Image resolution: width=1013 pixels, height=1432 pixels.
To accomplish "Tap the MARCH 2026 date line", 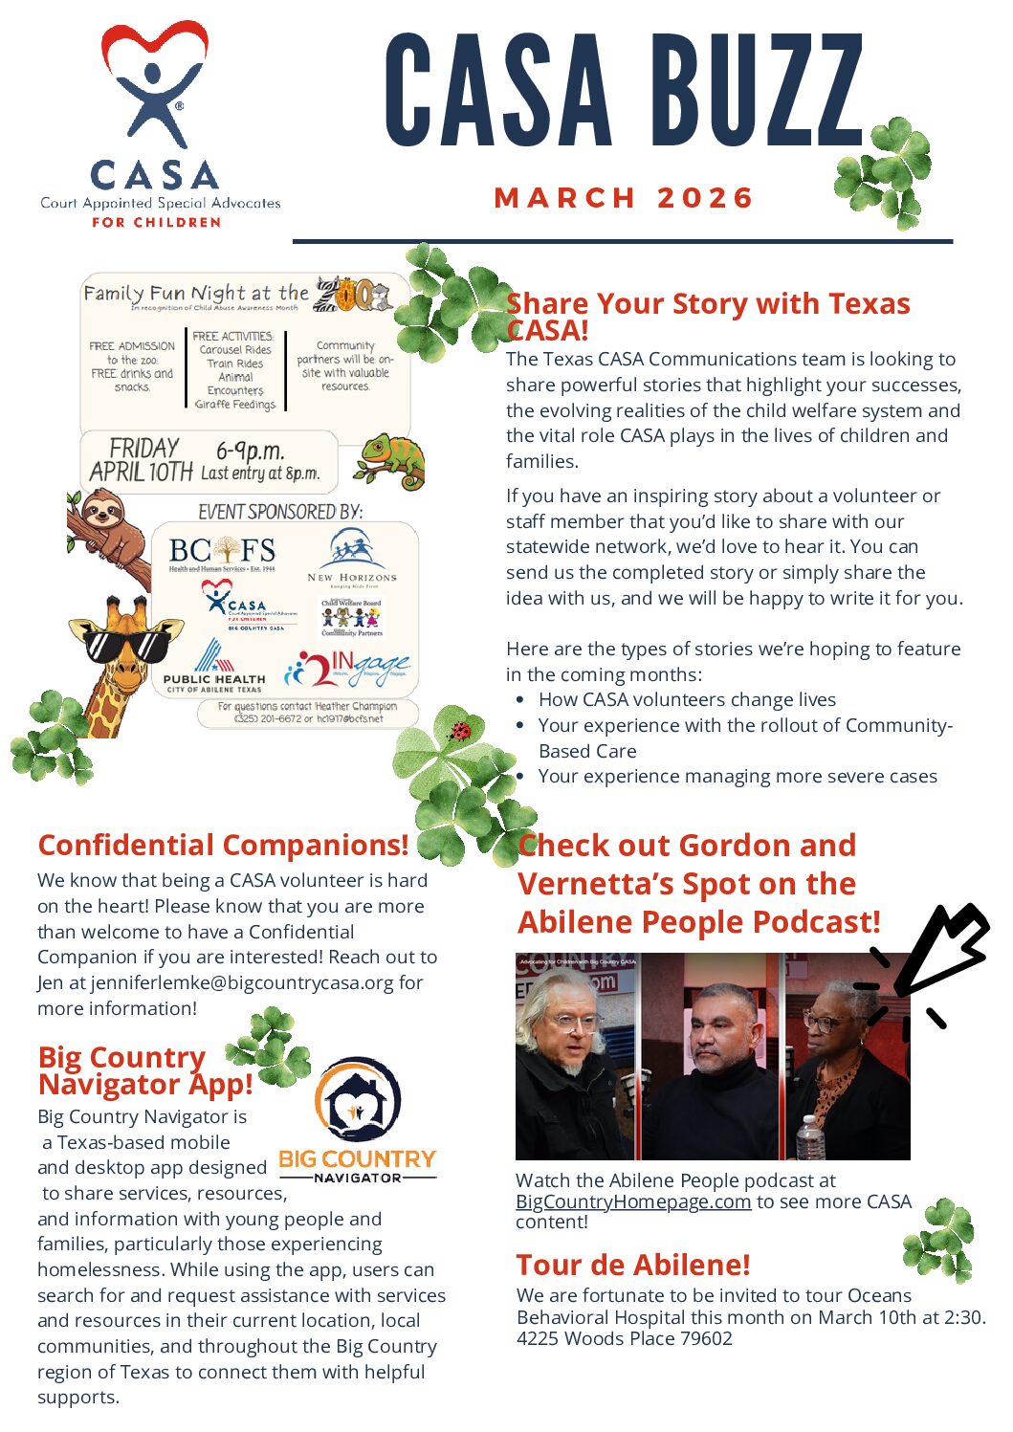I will point(624,198).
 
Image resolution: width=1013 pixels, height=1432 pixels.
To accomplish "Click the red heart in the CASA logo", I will point(154,50).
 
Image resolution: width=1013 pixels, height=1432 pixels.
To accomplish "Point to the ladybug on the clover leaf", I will point(461,732).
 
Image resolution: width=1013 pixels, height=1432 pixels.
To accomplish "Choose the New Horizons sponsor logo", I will point(351,556).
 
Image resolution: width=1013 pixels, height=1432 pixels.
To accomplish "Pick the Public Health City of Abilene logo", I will point(211,666).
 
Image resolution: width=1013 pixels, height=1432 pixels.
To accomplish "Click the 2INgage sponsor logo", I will point(347,668).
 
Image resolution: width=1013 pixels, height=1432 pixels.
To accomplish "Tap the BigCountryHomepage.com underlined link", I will point(632,1201).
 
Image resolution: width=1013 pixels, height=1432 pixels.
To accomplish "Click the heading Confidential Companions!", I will point(223,846).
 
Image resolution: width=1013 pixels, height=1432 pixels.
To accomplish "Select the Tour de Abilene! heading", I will point(632,1265).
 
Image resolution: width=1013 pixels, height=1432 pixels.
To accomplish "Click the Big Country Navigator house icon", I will point(357,1101).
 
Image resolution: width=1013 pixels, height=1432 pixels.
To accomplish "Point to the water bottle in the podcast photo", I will point(809,1138).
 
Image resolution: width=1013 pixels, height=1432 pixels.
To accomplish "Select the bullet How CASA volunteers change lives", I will point(686,699).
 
